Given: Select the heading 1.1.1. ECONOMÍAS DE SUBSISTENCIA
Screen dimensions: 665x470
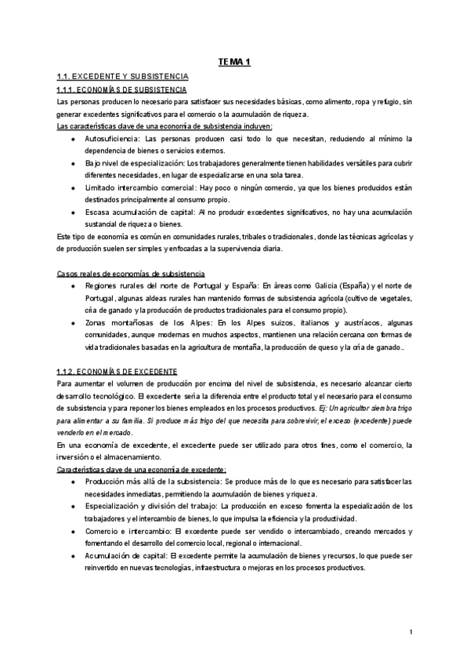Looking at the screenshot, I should point(122,90).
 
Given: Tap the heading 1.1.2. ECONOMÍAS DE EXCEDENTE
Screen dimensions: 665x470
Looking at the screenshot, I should point(117,348).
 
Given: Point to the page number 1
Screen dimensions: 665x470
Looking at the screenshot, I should point(410,632).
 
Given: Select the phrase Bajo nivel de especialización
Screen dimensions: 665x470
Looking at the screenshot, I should point(134,162).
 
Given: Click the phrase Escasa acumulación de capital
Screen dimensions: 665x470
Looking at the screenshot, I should point(138,213).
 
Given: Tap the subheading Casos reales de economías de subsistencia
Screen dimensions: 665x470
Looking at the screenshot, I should point(132,274).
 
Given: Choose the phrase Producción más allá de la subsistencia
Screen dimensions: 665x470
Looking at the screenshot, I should point(154,481).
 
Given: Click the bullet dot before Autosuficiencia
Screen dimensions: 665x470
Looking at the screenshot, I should point(72,138).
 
